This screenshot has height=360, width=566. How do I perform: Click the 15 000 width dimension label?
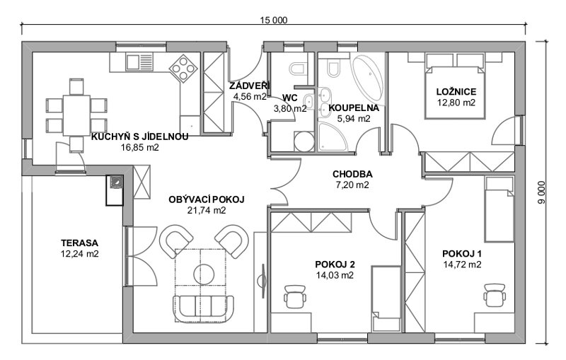tap(274, 21)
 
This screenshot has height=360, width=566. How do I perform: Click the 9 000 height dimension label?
tap(543, 192)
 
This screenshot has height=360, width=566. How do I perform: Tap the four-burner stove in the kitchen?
tap(183, 69)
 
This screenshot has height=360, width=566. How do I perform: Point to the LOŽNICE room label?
tap(456, 92)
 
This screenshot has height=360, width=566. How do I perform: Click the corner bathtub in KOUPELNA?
tap(368, 78)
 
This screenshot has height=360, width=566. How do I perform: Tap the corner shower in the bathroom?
tap(333, 137)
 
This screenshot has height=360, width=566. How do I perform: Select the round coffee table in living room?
tap(204, 274)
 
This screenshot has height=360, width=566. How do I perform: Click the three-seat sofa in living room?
tap(203, 309)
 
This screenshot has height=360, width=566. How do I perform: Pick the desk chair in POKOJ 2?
tap(295, 296)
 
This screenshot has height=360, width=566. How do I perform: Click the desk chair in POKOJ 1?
tap(495, 295)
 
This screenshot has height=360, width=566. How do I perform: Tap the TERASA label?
tap(79, 243)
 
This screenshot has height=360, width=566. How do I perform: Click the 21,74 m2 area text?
tap(207, 210)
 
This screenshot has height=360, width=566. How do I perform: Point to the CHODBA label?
tap(352, 174)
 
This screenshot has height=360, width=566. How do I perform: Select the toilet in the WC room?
tap(299, 68)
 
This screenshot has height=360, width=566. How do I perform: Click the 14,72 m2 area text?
tap(462, 265)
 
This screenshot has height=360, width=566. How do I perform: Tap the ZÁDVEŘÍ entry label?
tap(250, 86)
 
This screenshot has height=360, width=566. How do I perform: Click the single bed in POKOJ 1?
tap(499, 209)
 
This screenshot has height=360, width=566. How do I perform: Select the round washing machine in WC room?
tap(304, 141)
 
